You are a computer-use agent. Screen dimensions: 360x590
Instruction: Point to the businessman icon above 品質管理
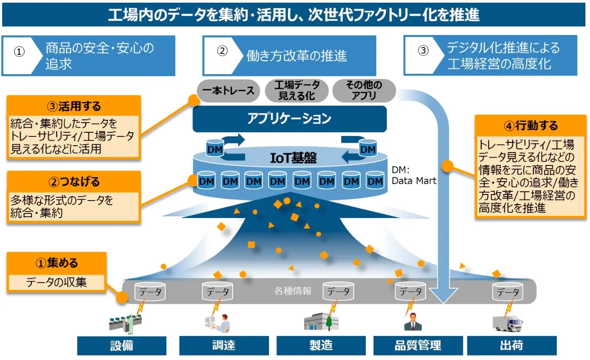point(413,322)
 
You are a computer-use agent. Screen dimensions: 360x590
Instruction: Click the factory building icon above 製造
point(321,321)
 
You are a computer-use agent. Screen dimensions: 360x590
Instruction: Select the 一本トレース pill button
point(228,91)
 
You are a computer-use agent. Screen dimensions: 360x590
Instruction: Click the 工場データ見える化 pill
point(297,91)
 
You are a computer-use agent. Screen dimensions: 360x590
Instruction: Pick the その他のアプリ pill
point(364,91)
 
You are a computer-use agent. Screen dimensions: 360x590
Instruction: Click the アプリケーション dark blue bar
point(289,119)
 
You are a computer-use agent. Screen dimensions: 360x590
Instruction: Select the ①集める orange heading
point(57,263)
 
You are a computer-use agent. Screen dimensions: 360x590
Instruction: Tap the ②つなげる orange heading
point(74,182)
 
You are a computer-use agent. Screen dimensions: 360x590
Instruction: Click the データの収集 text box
point(57,282)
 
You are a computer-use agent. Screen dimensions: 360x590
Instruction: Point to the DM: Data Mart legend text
point(413,175)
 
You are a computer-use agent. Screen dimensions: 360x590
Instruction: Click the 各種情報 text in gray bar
point(293,291)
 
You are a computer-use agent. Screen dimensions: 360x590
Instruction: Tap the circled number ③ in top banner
point(423,51)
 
